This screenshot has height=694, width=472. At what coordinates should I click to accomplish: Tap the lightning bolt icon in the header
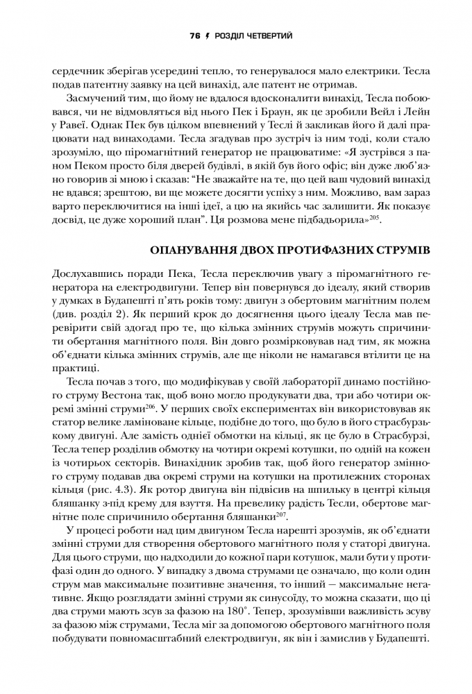tap(207, 35)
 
